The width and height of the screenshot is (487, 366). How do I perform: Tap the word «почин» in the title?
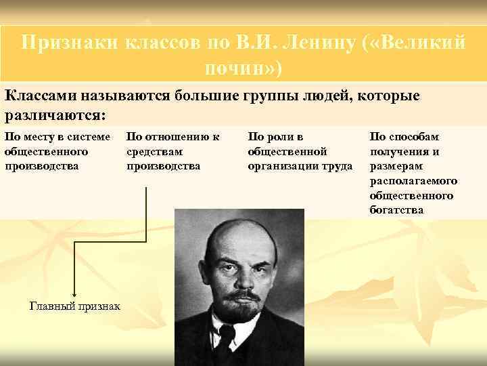tap(237, 68)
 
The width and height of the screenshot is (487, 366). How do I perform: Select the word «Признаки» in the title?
tap(70, 43)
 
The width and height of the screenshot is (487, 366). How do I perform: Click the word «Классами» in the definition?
tap(42, 96)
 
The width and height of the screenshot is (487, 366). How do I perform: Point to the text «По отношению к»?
tap(173, 137)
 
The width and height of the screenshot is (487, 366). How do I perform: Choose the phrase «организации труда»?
tap(300, 165)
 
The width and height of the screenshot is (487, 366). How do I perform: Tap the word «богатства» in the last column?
tap(396, 210)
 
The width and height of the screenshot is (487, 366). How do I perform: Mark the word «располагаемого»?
tap(413, 181)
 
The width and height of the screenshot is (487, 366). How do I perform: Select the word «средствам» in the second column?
tap(155, 151)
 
